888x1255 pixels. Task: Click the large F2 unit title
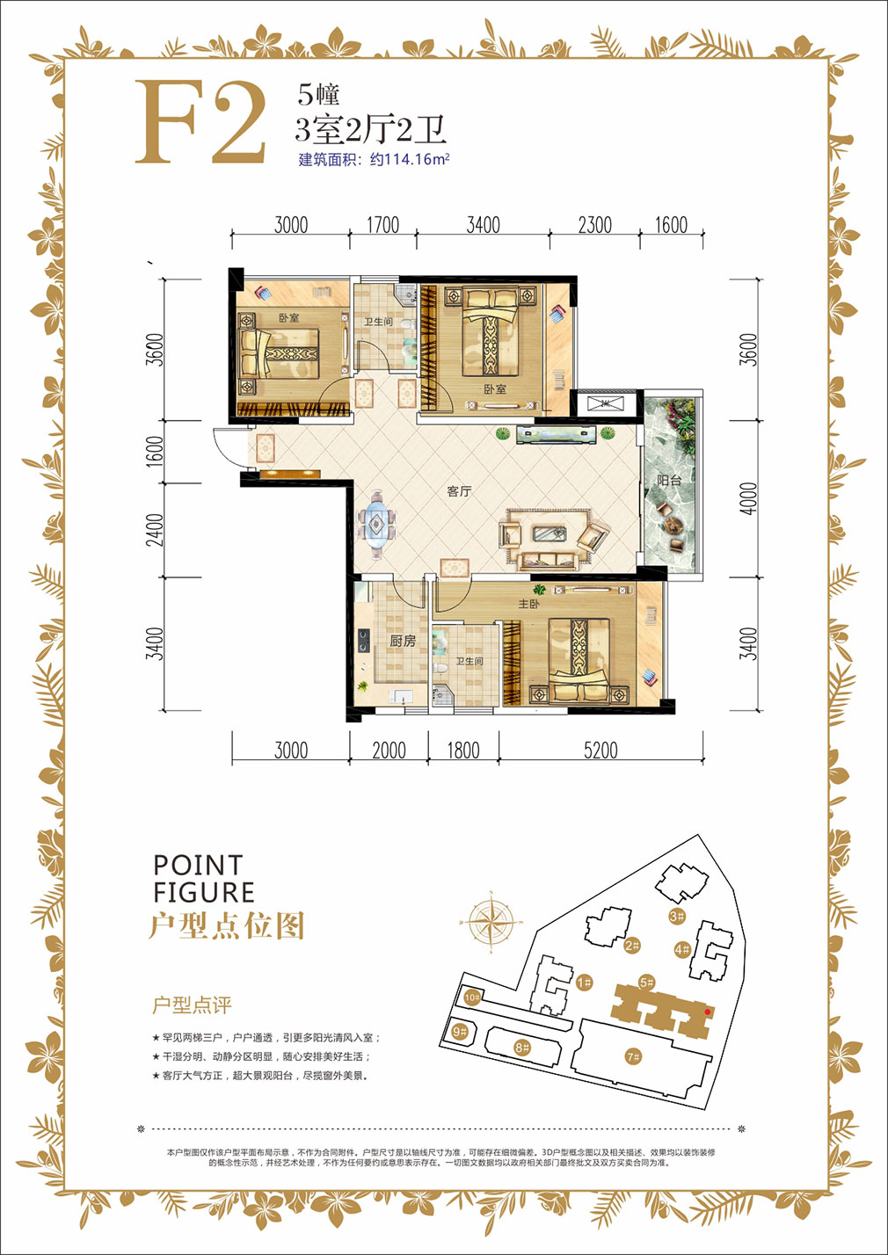tap(201, 123)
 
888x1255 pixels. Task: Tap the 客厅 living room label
tap(459, 491)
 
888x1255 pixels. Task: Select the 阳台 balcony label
tap(669, 481)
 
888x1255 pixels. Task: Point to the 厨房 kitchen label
tap(403, 642)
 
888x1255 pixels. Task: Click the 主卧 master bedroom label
tap(528, 605)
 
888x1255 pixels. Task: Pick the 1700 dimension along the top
tap(382, 225)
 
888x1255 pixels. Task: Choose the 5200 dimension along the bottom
tap(600, 750)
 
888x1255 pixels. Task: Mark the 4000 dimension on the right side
tap(748, 498)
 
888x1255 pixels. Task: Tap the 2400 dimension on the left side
tap(155, 530)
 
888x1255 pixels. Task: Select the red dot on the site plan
tap(708, 1012)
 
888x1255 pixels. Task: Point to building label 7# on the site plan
tap(633, 1056)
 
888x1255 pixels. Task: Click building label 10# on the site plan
tap(472, 997)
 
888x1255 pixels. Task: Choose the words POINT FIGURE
tap(203, 879)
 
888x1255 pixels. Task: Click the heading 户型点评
tap(192, 1005)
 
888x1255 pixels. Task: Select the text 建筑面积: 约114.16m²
tap(374, 160)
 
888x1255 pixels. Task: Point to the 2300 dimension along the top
tap(594, 225)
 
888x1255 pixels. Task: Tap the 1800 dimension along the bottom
tap(463, 750)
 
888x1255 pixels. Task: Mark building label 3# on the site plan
tap(676, 917)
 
